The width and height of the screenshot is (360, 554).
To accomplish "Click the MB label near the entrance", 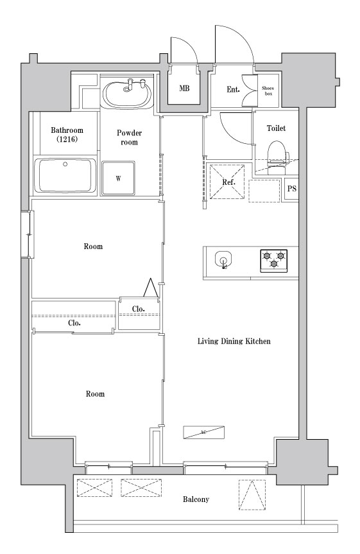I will [x=184, y=88].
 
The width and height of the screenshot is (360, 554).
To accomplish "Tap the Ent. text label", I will [x=233, y=89].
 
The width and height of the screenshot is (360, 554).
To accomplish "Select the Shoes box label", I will [x=268, y=90].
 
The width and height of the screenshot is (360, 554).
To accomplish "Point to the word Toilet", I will [x=276, y=128].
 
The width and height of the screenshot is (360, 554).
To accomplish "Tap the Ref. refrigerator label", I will [x=228, y=182].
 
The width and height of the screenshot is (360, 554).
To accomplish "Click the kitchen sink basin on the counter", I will [x=223, y=257].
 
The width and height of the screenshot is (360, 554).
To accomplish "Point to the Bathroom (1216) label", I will [x=67, y=134].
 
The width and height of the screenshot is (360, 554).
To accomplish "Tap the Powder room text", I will [x=129, y=137].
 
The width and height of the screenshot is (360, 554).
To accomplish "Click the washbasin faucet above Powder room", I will [x=135, y=83].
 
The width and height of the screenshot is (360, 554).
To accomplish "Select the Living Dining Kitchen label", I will [x=234, y=342].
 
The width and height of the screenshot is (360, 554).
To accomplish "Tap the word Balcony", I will [x=196, y=499].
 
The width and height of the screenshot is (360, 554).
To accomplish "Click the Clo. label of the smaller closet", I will [x=138, y=309].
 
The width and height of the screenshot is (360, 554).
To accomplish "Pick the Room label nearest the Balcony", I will [x=95, y=394].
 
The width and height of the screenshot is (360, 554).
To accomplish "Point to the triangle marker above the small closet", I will [x=151, y=288].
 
